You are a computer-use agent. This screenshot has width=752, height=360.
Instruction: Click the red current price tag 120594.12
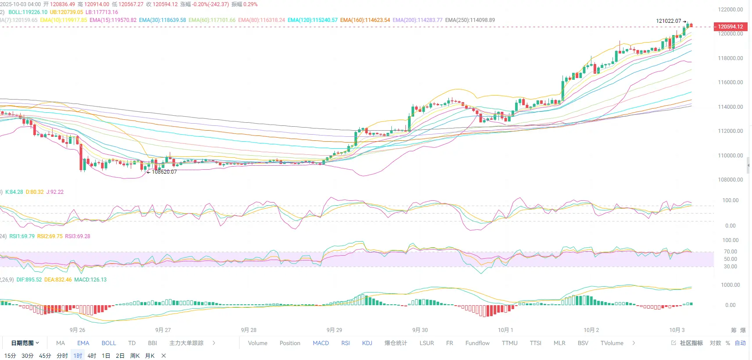point(730,26)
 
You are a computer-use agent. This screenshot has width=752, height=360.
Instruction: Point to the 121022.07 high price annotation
point(669,21)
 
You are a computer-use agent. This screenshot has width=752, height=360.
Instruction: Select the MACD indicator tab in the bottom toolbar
point(321,343)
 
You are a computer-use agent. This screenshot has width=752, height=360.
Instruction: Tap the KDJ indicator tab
point(367,343)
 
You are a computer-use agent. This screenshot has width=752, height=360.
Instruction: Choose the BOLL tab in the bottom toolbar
point(109,343)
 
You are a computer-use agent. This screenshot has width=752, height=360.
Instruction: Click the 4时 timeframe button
point(92,356)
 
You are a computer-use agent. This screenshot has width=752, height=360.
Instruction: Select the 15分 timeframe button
point(10,356)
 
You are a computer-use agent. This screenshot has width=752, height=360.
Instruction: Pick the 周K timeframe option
point(135,356)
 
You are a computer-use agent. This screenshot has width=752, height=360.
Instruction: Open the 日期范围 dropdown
point(25,343)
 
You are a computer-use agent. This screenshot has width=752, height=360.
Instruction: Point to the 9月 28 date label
point(249,330)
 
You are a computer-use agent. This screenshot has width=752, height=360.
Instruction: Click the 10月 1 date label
point(505,330)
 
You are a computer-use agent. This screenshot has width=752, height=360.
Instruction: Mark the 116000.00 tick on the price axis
point(731,82)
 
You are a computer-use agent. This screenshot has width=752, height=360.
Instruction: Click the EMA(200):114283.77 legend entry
point(417,20)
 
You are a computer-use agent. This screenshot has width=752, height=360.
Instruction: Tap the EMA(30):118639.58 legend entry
point(162,20)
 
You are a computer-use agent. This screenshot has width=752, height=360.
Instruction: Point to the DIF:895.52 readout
point(29,280)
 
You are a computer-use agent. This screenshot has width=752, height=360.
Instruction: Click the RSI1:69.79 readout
point(22,236)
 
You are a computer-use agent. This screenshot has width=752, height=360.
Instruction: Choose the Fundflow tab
point(477,343)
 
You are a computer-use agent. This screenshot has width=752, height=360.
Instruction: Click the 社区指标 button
point(691,343)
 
